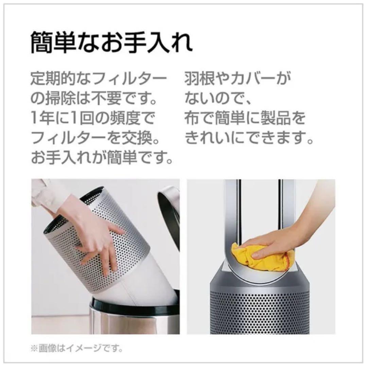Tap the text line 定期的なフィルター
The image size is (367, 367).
(x=99, y=80)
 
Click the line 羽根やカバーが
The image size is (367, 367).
(x=238, y=80)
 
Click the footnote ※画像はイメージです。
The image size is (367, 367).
(x=77, y=348)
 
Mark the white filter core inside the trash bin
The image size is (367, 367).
(x=143, y=289)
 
